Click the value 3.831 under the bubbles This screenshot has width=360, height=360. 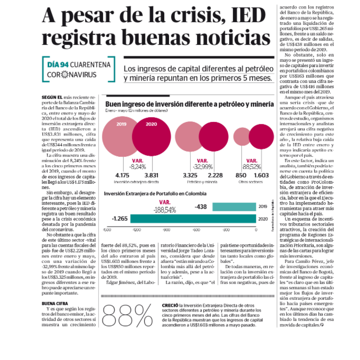coord(152,176)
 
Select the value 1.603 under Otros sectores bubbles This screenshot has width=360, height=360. coord(261,176)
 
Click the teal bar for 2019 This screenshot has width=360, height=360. coord(234,207)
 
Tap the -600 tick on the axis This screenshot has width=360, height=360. coord(196,229)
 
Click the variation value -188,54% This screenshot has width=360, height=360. coord(165,209)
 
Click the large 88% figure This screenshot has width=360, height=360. coord(128,316)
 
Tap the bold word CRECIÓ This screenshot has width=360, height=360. coord(170,305)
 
